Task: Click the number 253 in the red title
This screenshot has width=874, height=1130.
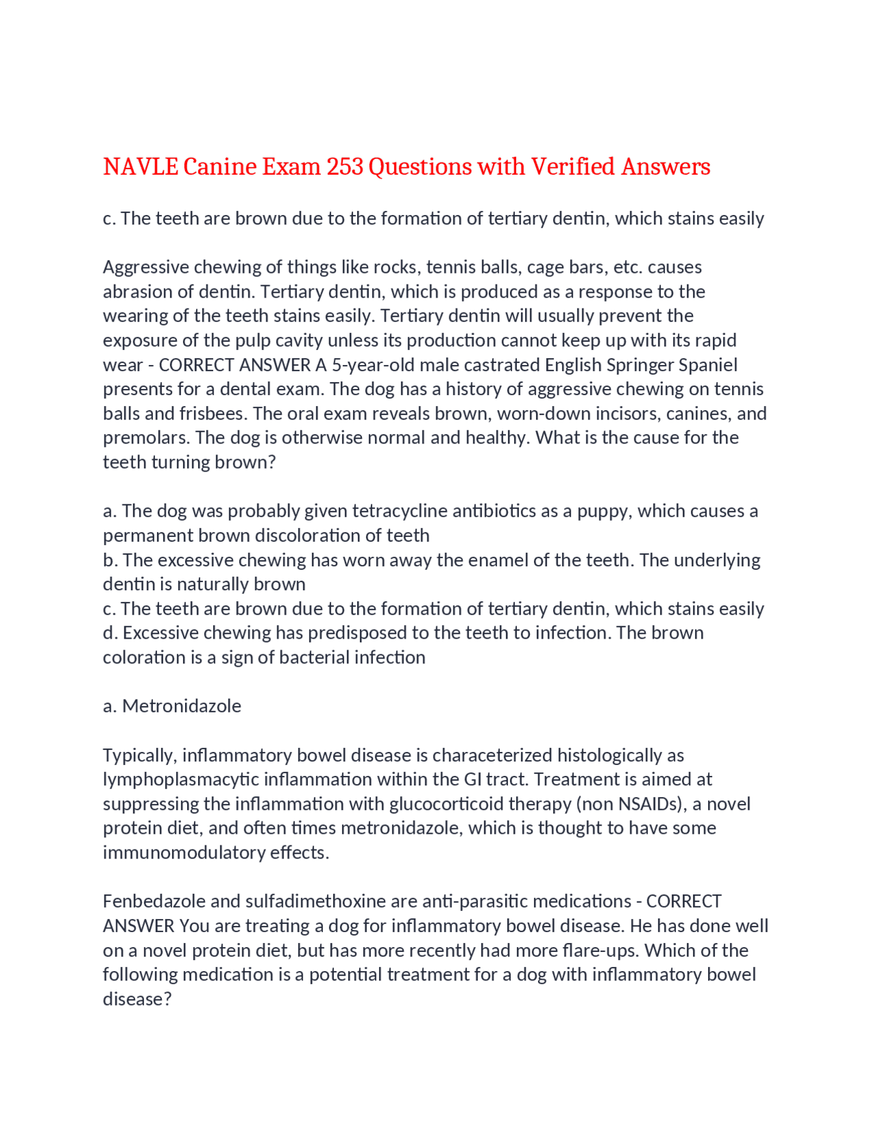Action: [344, 166]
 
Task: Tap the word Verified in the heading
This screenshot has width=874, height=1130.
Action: [572, 166]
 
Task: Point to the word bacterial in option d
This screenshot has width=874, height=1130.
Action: [317, 657]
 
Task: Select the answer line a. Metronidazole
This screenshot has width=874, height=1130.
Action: [172, 706]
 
